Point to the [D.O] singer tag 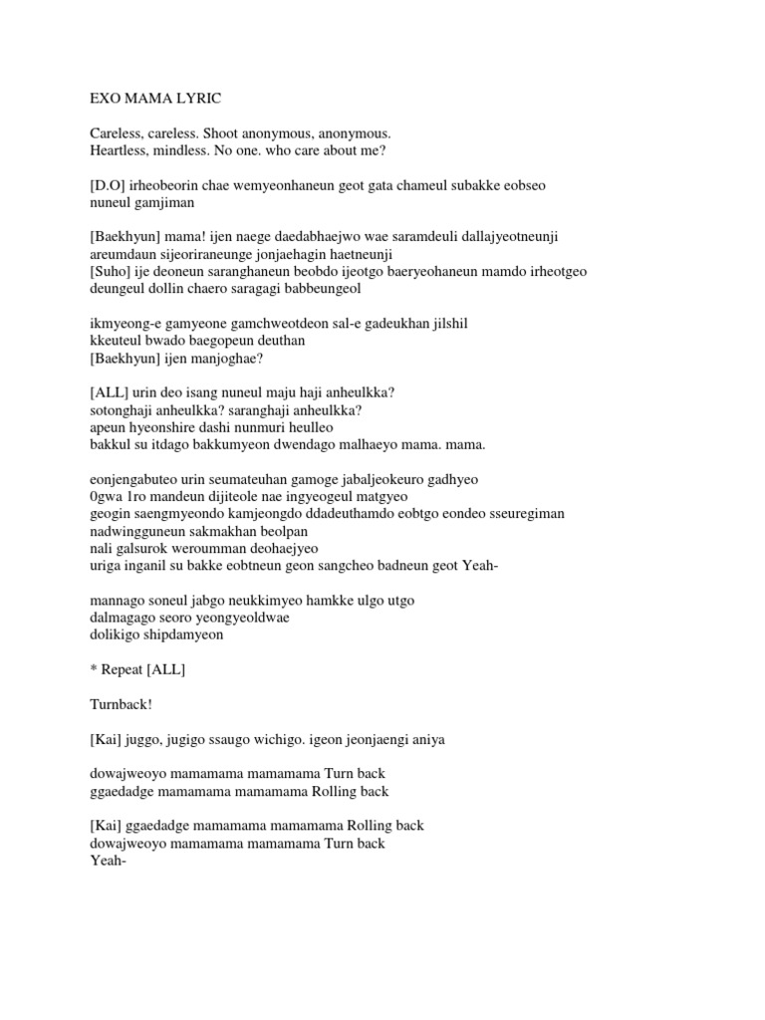[110, 186]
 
